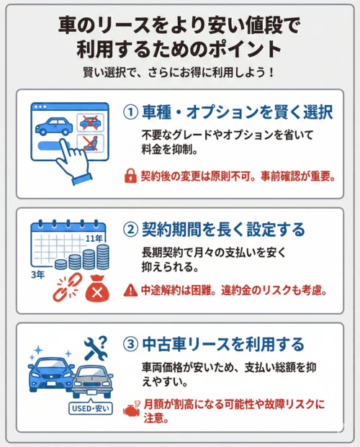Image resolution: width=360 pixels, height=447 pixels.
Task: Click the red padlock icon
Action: point(130,175)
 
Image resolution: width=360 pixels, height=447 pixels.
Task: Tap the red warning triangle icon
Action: point(130,290)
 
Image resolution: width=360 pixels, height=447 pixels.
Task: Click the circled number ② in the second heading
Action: point(130,230)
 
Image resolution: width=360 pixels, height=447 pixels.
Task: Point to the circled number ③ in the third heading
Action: point(130,345)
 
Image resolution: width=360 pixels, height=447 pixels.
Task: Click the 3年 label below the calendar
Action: point(37,274)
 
